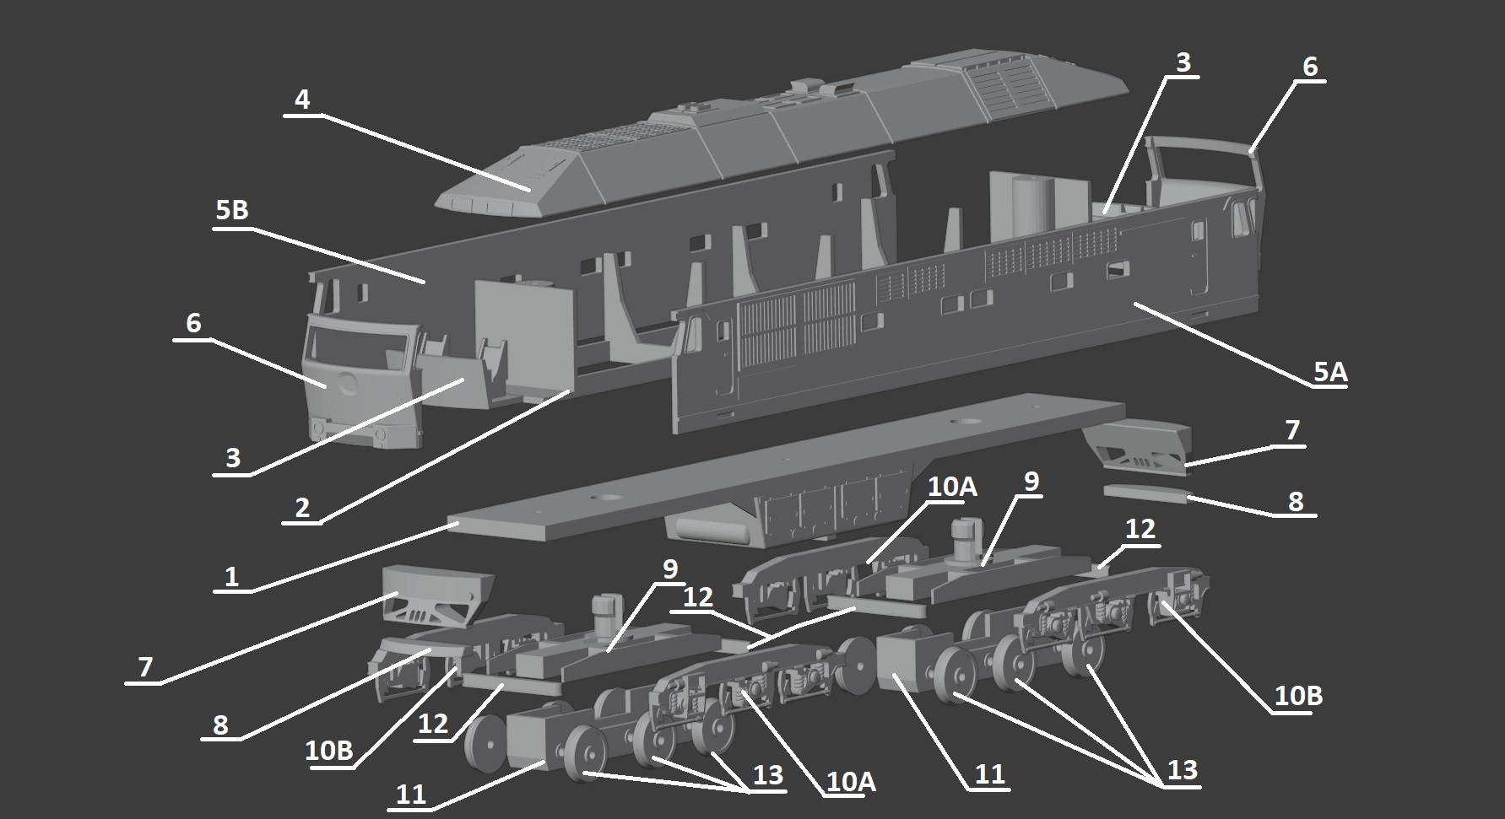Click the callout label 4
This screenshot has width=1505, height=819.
coord(302,100)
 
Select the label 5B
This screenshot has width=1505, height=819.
coord(232,209)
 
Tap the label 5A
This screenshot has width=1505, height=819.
coord(1329,371)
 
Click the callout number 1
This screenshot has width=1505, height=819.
coord(231,577)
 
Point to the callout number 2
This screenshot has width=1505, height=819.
coord(302,508)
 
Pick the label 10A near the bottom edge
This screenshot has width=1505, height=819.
coord(850,782)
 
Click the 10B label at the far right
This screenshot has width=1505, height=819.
coord(1298,696)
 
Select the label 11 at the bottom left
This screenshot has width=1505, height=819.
coord(411,795)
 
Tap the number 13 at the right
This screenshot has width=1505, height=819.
coord(1182,770)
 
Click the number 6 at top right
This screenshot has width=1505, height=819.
coord(1309,67)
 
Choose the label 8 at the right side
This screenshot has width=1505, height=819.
coord(1296,501)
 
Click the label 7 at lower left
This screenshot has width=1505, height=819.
coord(145,667)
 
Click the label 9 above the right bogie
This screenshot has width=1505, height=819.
coord(1031,482)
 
